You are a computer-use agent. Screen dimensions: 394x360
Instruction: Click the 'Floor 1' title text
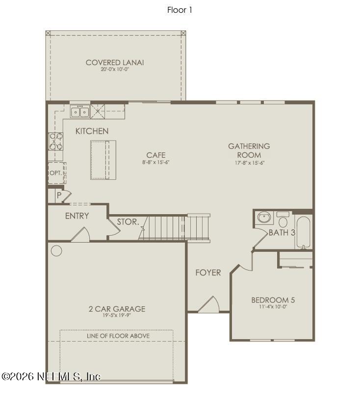coord(180,10)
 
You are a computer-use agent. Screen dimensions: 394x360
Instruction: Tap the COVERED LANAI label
coord(115,62)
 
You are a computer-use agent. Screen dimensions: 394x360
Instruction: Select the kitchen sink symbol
coord(79,112)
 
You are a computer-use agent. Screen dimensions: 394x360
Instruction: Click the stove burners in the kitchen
coord(55,141)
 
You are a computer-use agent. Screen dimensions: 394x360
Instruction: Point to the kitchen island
coord(103,160)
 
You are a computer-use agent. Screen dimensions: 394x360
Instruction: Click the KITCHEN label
coord(92,131)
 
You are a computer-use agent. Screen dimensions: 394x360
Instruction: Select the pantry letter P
coord(59,195)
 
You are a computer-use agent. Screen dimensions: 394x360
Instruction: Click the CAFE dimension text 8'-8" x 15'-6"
coord(155,162)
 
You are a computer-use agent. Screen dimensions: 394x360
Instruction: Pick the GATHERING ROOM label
coord(249,150)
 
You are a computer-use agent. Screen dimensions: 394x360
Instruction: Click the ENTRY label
coord(77,216)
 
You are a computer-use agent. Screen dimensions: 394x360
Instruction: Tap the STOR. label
coord(128,222)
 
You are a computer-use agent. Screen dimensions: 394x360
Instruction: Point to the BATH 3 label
coord(282,232)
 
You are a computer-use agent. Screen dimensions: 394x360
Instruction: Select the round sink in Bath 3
coord(265,217)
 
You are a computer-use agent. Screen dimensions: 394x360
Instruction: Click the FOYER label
coord(208,272)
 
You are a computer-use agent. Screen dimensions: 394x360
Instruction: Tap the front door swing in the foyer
coord(208,305)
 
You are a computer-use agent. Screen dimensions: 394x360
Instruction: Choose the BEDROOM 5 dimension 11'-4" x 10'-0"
coord(273,307)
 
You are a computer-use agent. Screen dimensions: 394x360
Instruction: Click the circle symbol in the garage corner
coord(56,251)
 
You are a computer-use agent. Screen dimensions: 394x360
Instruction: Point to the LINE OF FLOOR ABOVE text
coord(118,336)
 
